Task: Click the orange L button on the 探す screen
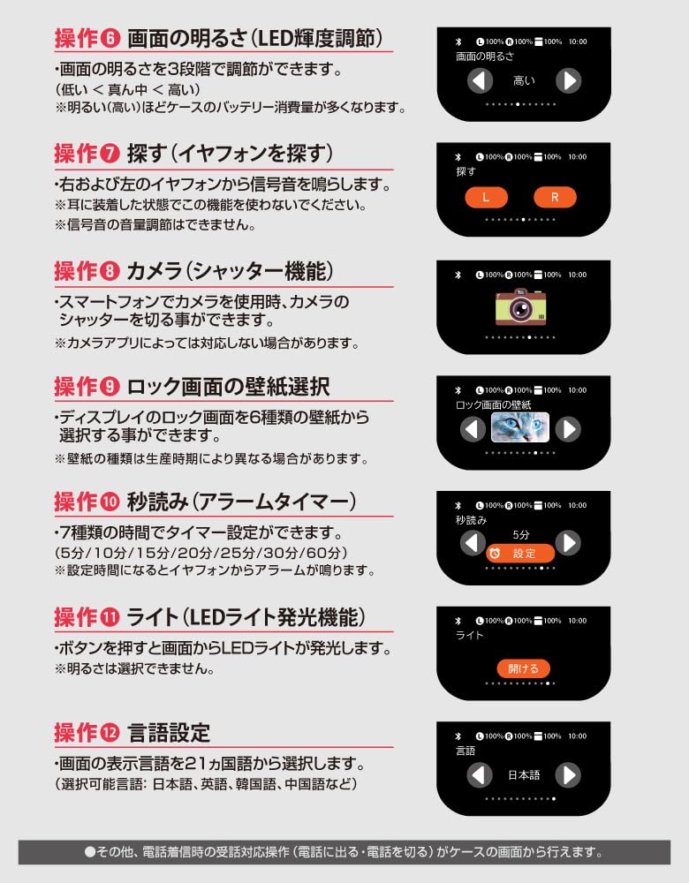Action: coord(485,197)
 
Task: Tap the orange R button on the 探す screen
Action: coord(555,197)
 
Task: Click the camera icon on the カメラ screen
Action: coord(524,308)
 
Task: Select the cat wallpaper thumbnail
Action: coord(520,428)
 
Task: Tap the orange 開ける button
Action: coord(523,668)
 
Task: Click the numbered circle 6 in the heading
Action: coord(110,39)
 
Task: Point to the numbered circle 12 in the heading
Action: coord(110,733)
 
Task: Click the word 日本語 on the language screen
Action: coord(524,775)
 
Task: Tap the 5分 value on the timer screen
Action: coord(521,535)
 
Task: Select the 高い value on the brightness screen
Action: coord(524,81)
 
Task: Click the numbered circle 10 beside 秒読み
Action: coord(110,502)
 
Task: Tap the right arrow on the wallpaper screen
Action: coord(568,429)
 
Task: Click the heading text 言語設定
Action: coord(169,733)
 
